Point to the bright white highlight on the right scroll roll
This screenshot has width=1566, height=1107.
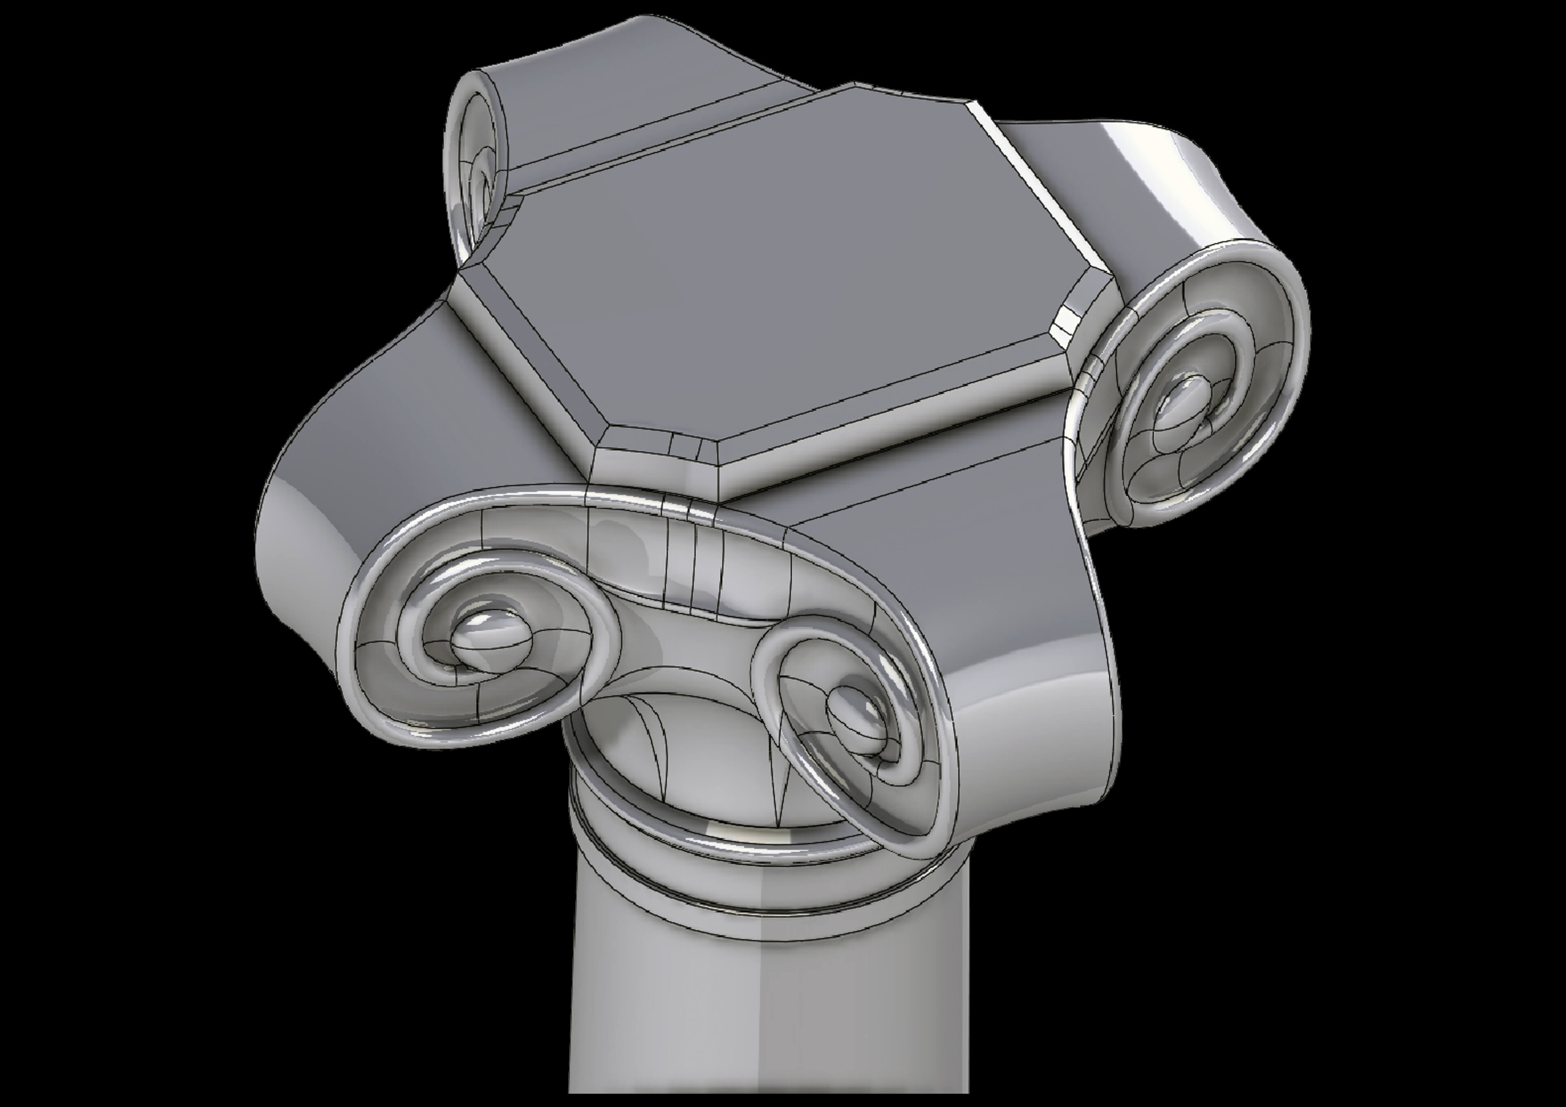[1159, 164]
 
